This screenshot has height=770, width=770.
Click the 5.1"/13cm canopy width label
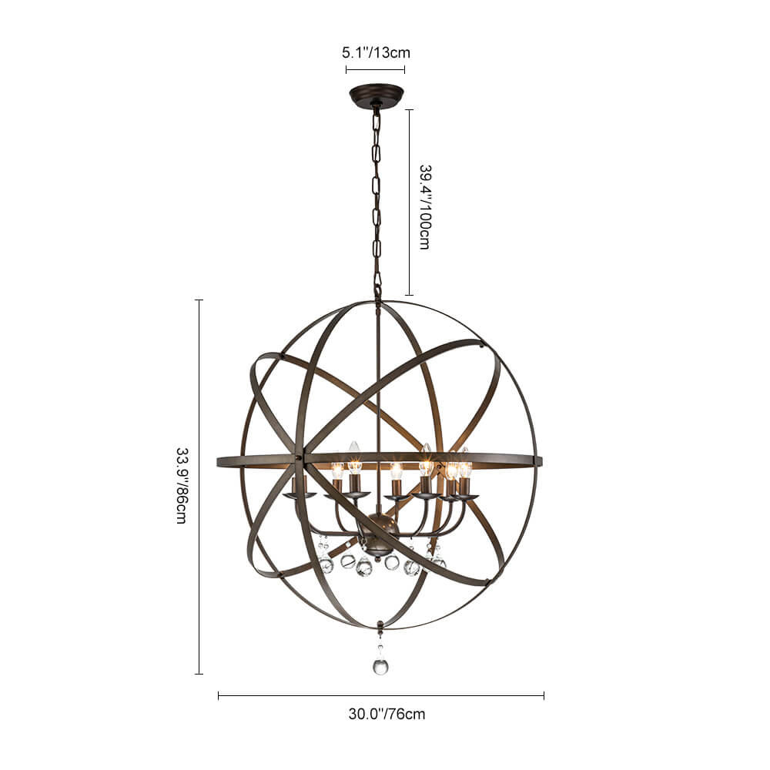pyautogui.click(x=377, y=52)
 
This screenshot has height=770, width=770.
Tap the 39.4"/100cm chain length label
pyautogui.click(x=425, y=206)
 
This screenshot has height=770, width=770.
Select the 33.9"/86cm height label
pyautogui.click(x=181, y=486)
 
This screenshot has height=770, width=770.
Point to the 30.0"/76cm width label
pyautogui.click(x=387, y=714)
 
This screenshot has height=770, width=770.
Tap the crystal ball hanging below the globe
pyautogui.click(x=380, y=665)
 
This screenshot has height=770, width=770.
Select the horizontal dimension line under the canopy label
pyautogui.click(x=375, y=69)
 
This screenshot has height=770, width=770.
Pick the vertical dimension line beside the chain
pyautogui.click(x=410, y=203)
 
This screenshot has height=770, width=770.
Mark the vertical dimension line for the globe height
pyautogui.click(x=199, y=487)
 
